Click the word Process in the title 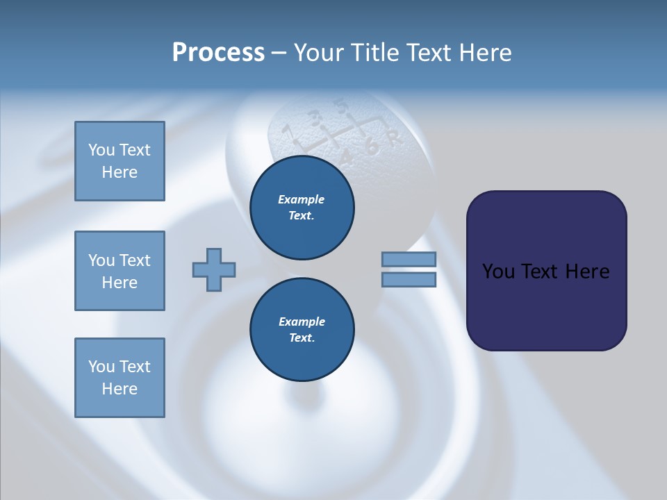tap(218, 53)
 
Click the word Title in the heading tap(373, 53)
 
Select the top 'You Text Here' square tap(120, 161)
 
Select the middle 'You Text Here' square tap(120, 271)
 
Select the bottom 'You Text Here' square tap(120, 378)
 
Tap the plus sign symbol tap(214, 269)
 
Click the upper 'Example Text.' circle tap(302, 208)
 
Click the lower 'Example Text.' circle tap(302, 330)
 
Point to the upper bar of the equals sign tap(409, 259)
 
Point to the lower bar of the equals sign tap(409, 279)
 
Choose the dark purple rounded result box tap(546, 271)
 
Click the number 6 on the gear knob tap(372, 147)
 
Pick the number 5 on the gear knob tap(341, 107)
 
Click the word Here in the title tap(485, 53)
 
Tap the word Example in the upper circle tap(302, 199)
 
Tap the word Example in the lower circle tap(302, 322)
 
